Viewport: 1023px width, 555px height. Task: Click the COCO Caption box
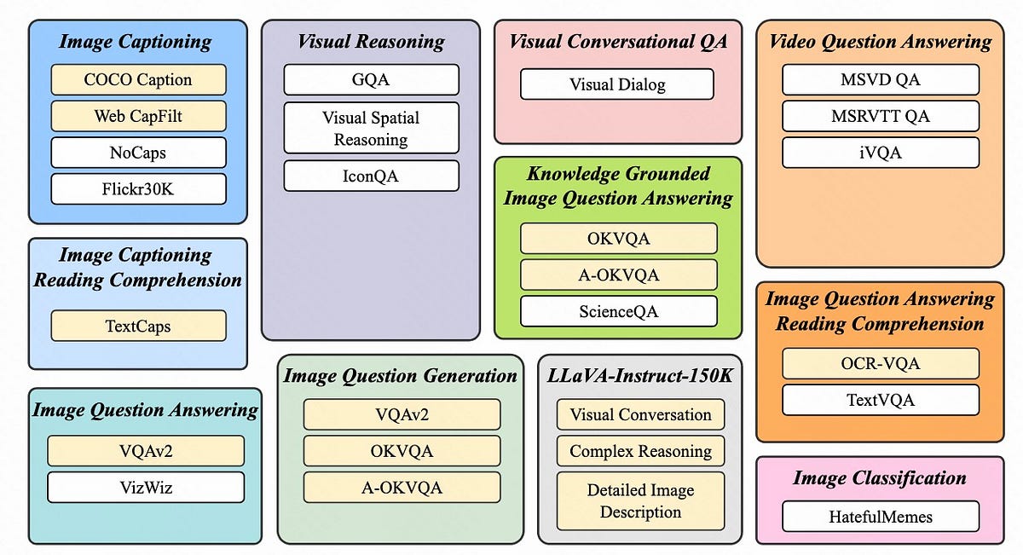pyautogui.click(x=138, y=80)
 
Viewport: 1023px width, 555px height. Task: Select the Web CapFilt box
pyautogui.click(x=138, y=116)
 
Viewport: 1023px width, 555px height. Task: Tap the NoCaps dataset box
pyautogui.click(x=138, y=153)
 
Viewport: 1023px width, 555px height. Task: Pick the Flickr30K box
pyautogui.click(x=138, y=189)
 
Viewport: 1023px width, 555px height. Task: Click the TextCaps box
pyautogui.click(x=138, y=326)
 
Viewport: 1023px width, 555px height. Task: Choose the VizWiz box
pyautogui.click(x=146, y=488)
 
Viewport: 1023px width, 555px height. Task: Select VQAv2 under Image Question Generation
pyautogui.click(x=402, y=415)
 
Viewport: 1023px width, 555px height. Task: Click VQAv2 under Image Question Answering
pyautogui.click(x=146, y=451)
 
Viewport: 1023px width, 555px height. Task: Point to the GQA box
pyautogui.click(x=371, y=80)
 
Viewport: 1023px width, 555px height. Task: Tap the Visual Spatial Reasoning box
pyautogui.click(x=371, y=128)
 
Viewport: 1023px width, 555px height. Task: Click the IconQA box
pyautogui.click(x=371, y=176)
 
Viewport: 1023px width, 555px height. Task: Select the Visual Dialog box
pyautogui.click(x=616, y=84)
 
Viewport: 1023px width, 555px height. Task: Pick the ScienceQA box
pyautogui.click(x=618, y=311)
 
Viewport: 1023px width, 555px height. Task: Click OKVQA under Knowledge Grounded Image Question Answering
pyautogui.click(x=618, y=239)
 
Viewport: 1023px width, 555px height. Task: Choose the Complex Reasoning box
pyautogui.click(x=640, y=451)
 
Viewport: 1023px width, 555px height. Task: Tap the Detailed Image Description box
pyautogui.click(x=640, y=501)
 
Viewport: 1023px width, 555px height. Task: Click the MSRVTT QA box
pyautogui.click(x=880, y=116)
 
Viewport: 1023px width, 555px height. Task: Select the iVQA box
pyautogui.click(x=880, y=153)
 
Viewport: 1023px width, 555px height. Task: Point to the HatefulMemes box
pyautogui.click(x=880, y=517)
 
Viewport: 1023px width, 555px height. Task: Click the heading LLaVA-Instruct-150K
pyautogui.click(x=640, y=375)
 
